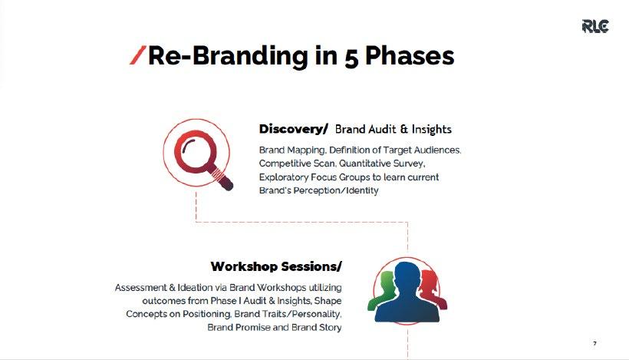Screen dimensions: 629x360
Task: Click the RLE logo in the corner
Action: [x=595, y=26]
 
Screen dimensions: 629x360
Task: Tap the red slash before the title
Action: [x=137, y=55]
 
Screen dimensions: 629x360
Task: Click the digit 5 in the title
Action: [x=351, y=58]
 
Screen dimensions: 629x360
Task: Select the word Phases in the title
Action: [x=410, y=55]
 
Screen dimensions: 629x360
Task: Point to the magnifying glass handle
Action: [x=222, y=179]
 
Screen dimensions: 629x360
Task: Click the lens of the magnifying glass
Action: [x=195, y=153]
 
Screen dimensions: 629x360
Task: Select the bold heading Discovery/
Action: [x=293, y=129]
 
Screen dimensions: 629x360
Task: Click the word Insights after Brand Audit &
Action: [x=432, y=129]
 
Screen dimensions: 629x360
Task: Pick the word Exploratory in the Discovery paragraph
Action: [x=283, y=177]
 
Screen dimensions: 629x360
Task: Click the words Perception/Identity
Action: [x=336, y=190]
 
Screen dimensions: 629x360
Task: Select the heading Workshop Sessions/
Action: [x=276, y=266]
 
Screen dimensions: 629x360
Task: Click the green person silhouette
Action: [x=382, y=289]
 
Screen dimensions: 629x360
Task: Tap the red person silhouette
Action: [x=433, y=288]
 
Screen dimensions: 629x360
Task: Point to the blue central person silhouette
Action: [x=407, y=293]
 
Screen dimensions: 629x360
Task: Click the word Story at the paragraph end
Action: [x=330, y=328]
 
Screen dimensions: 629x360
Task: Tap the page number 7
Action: [x=595, y=344]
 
